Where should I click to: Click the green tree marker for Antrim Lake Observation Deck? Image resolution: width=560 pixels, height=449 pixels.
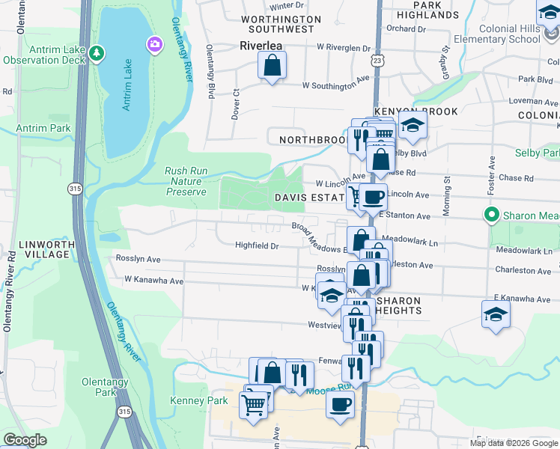tap(96, 54)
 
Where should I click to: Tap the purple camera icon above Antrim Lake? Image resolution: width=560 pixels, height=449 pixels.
tap(156, 44)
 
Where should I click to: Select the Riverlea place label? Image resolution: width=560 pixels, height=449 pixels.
tap(261, 45)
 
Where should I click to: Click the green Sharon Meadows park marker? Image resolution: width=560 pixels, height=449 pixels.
tap(491, 216)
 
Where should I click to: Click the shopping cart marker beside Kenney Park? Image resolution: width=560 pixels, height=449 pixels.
tap(253, 405)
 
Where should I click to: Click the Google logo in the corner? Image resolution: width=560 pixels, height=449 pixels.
tap(25, 440)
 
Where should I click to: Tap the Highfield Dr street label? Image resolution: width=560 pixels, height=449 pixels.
tap(257, 245)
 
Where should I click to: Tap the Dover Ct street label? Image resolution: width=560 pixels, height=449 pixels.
tap(236, 103)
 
